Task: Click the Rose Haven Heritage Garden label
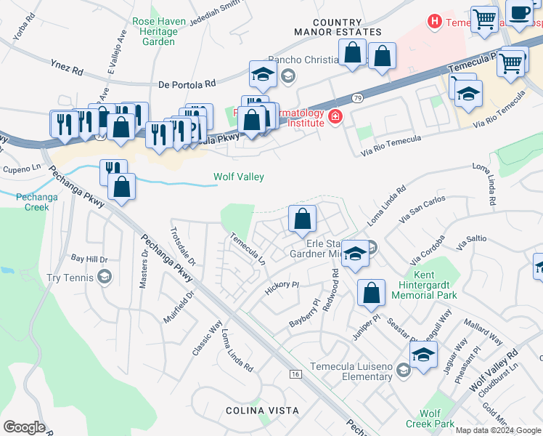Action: click(x=154, y=32)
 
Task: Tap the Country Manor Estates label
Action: click(x=338, y=27)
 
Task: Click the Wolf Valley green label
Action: click(x=238, y=177)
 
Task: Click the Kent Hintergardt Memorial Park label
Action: click(x=424, y=286)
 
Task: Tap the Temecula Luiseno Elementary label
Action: click(x=351, y=371)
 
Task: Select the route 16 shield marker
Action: click(x=294, y=374)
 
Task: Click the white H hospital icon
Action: click(x=435, y=22)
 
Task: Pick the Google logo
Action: click(x=24, y=427)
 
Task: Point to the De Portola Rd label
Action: click(x=187, y=85)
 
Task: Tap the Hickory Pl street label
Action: click(x=282, y=286)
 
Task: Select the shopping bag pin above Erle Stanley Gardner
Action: click(x=302, y=219)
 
